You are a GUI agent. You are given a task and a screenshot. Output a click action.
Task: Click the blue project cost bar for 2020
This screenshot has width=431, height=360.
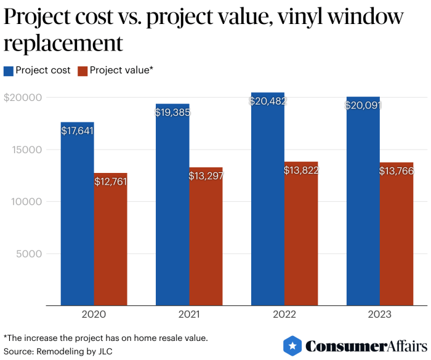tap(77, 215)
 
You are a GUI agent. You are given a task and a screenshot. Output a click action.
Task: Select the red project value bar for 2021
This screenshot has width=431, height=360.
tap(206, 240)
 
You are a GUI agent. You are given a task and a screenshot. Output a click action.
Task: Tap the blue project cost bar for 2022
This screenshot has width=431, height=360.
tap(267, 203)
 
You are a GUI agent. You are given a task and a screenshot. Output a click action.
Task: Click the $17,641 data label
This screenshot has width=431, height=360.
tap(77, 130)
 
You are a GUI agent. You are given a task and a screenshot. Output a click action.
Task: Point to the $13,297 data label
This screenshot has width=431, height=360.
tap(206, 177)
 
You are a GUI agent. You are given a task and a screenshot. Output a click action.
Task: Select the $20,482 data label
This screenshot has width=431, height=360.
tap(268, 102)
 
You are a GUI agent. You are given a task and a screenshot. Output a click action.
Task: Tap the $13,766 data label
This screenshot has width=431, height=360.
tap(396, 171)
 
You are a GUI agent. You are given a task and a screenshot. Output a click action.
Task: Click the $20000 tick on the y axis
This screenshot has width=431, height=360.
tap(22, 97)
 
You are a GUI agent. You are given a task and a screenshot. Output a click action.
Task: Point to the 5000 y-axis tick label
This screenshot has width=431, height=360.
tap(28, 254)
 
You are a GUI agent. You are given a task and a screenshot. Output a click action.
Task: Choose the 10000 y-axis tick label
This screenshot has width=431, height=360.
tap(25, 201)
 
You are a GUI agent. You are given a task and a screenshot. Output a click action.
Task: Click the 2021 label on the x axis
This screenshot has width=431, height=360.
tap(189, 314)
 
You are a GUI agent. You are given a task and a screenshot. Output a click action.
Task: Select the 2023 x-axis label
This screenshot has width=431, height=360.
tap(379, 314)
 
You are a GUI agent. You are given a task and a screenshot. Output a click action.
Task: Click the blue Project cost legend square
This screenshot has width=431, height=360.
tap(9, 70)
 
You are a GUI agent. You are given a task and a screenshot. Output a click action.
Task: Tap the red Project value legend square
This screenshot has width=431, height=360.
tap(83, 70)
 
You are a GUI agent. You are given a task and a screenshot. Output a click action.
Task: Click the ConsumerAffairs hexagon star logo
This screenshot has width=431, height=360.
tap(292, 346)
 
